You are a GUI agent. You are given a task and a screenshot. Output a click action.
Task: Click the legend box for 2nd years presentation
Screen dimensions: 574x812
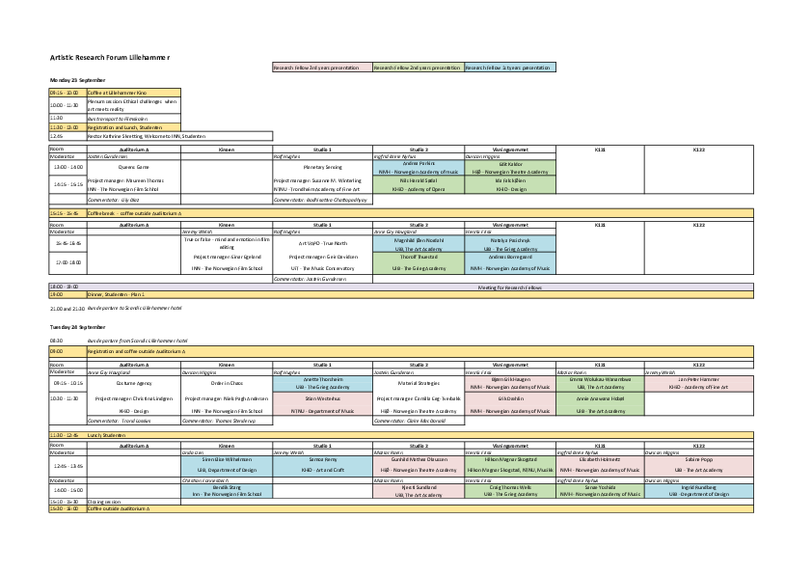click(417, 68)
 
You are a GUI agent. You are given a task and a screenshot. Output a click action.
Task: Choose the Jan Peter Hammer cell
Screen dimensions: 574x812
click(699, 382)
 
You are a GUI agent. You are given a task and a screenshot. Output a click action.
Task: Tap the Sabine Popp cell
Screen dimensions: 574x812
click(699, 464)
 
